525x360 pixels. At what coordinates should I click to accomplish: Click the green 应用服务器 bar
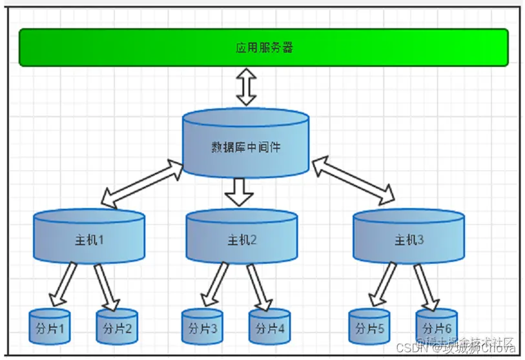coord(263,47)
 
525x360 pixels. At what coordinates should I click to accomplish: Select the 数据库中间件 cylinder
coord(245,145)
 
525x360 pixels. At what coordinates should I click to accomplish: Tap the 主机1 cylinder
coord(89,239)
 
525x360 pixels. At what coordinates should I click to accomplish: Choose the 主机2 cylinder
coord(242,239)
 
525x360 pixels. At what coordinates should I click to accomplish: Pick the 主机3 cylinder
coord(409,239)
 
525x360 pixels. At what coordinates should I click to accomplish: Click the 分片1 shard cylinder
coord(49,327)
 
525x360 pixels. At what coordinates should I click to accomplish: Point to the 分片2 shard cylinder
coord(117,327)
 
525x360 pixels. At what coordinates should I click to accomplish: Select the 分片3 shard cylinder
coord(202,327)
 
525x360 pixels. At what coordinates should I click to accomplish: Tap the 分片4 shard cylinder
coord(270,327)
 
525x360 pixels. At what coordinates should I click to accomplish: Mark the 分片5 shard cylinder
coord(369,327)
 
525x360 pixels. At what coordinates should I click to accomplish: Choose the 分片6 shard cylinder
coord(437,326)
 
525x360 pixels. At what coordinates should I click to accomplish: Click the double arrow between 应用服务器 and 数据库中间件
coord(246,87)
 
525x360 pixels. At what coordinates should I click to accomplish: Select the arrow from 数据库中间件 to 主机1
coord(142,185)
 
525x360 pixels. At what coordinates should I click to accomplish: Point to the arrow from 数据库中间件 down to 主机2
coord(241,191)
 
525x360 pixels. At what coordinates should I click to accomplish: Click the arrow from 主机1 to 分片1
coord(64,284)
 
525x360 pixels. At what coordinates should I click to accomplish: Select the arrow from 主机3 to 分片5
coord(383,284)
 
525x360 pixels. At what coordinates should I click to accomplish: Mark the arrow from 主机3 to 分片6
coord(426,286)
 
